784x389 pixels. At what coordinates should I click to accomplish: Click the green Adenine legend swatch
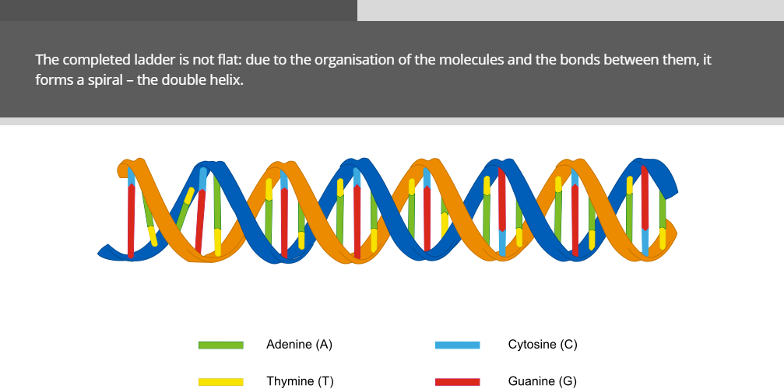[221, 345]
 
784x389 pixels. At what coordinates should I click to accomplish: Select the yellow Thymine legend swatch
[221, 382]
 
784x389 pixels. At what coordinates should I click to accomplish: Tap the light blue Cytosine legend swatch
[458, 345]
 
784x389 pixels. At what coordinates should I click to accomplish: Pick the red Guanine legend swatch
[458, 382]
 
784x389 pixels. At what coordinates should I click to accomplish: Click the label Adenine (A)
[299, 345]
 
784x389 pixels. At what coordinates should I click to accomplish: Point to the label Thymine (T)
[300, 381]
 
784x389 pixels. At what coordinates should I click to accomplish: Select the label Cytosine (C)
[543, 345]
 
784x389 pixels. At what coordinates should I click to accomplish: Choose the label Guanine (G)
[542, 381]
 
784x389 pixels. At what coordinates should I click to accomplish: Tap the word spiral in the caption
[106, 80]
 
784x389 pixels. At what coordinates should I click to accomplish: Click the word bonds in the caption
[579, 60]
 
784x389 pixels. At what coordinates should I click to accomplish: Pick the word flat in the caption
[233, 60]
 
